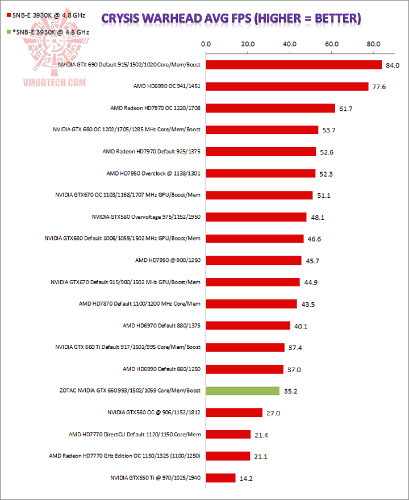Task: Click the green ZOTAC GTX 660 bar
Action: pyautogui.click(x=243, y=391)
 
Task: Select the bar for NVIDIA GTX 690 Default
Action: pyautogui.click(x=294, y=65)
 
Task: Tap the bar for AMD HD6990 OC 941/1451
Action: pyautogui.click(x=287, y=86)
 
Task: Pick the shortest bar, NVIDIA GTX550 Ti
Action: pyautogui.click(x=220, y=478)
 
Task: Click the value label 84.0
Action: pyautogui.click(x=393, y=65)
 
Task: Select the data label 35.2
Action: pyautogui.click(x=291, y=391)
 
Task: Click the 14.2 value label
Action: pyautogui.click(x=247, y=478)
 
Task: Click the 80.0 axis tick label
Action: pyautogui.click(x=374, y=43)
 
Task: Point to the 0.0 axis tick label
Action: pyautogui.click(x=206, y=43)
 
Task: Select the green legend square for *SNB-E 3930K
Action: pyautogui.click(x=7, y=32)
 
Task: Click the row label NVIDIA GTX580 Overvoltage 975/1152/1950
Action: pyautogui.click(x=146, y=217)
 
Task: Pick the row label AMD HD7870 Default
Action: pyautogui.click(x=140, y=304)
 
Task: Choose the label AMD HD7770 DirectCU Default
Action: pyautogui.click(x=135, y=435)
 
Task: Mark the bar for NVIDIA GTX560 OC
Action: pyautogui.click(x=234, y=413)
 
